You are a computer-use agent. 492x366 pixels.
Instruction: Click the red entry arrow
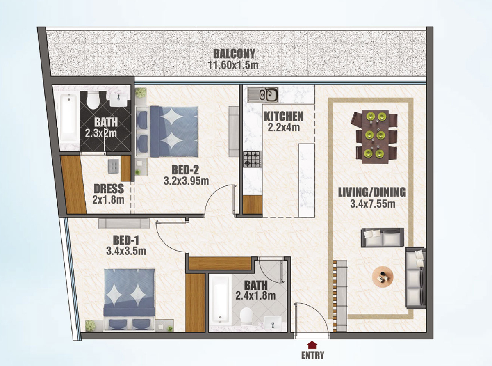tap(312, 345)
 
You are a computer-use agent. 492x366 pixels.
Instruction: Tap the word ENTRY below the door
tap(312, 355)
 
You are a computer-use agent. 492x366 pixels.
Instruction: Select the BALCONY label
tap(234, 54)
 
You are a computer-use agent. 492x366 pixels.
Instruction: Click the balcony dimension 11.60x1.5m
tap(233, 65)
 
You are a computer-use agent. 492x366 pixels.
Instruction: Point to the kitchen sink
tap(263, 94)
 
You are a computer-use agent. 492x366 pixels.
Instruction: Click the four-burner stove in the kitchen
tap(253, 159)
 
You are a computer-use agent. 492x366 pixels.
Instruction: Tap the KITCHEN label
tap(283, 117)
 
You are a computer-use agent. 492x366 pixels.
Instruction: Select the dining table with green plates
tap(374, 137)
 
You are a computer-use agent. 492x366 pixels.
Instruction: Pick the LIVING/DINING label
tap(372, 192)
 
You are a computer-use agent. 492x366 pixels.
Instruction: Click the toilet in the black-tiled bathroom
tap(93, 100)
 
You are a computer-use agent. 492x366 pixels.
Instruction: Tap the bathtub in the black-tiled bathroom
tap(69, 118)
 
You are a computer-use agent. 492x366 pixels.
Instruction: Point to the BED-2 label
tap(185, 170)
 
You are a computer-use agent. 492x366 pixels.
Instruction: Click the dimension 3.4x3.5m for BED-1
tap(126, 251)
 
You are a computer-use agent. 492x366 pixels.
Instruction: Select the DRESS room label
tap(109, 189)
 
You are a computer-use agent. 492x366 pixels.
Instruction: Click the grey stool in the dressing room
tap(114, 166)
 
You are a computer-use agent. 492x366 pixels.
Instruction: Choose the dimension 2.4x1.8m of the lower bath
tap(255, 295)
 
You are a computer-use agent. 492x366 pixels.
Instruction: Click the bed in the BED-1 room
tap(129, 300)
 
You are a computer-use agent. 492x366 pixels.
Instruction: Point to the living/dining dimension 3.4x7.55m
tap(373, 204)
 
